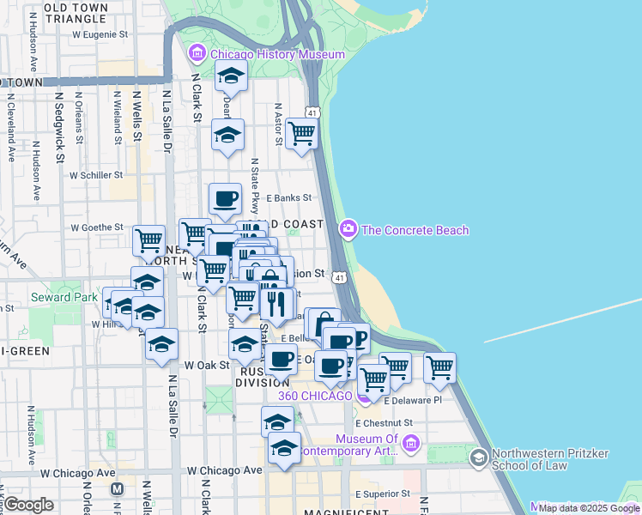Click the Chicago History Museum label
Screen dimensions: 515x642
(x=277, y=55)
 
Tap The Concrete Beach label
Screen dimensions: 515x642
(x=415, y=230)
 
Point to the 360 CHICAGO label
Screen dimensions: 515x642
(x=315, y=396)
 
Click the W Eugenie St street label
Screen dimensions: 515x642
(x=100, y=35)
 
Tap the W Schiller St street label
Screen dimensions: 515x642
(x=98, y=175)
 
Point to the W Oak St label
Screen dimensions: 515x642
(x=203, y=365)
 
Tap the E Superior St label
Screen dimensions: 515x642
(x=383, y=494)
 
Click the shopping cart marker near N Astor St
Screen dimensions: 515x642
(x=301, y=134)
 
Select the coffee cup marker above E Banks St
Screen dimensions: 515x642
(x=226, y=199)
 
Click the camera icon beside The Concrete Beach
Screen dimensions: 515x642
(x=348, y=228)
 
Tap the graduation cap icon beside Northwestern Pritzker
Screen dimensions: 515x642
(x=478, y=457)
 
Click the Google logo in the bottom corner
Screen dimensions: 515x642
(x=29, y=505)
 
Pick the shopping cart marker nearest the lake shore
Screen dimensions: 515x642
(x=439, y=367)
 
